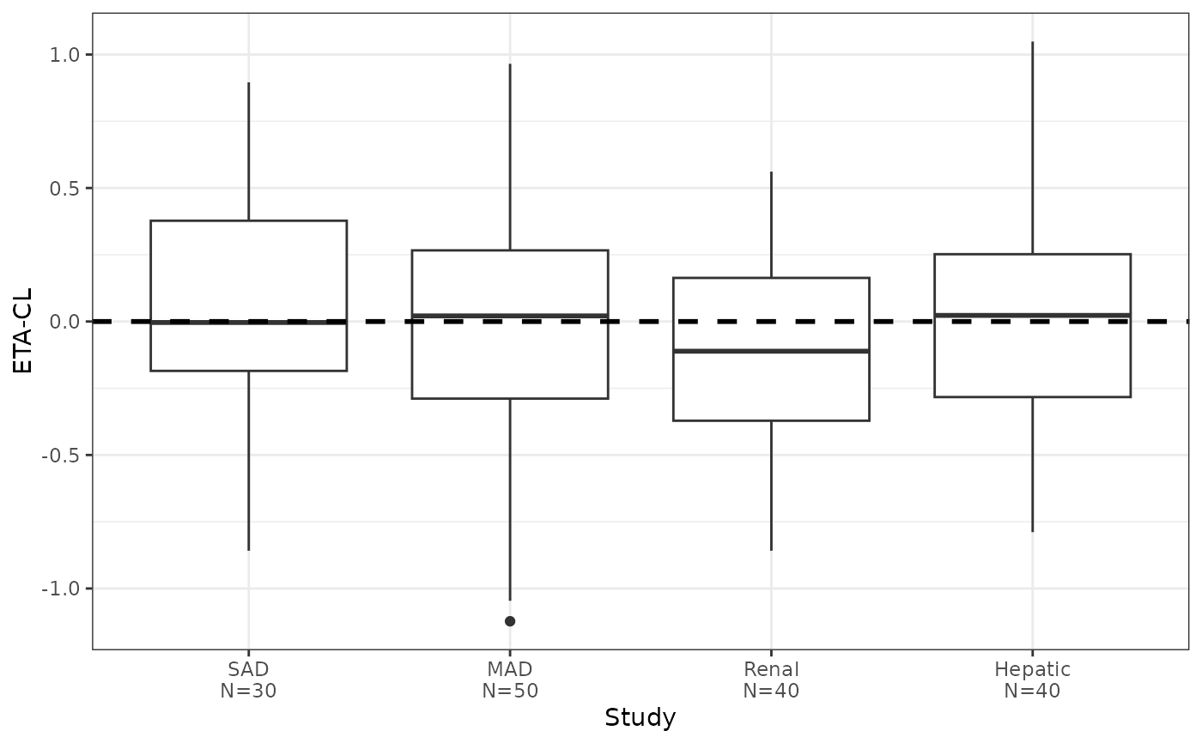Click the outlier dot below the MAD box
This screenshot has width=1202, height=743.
click(x=510, y=621)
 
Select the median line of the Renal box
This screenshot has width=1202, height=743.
click(x=771, y=351)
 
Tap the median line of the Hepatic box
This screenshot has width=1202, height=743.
click(x=1032, y=315)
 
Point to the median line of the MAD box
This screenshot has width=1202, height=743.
click(x=510, y=316)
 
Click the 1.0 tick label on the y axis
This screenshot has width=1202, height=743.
click(x=64, y=55)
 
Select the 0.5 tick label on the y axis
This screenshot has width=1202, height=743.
click(x=64, y=188)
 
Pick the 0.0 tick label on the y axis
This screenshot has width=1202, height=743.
click(x=64, y=322)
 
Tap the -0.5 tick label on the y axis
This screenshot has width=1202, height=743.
click(x=60, y=455)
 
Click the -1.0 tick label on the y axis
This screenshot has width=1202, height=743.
click(x=60, y=589)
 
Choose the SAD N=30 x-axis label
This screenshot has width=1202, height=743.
click(x=248, y=680)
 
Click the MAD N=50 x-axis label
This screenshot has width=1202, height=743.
click(x=510, y=680)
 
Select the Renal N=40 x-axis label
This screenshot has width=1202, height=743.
click(x=771, y=680)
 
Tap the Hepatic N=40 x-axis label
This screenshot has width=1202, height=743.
click(x=1032, y=680)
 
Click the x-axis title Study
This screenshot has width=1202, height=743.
click(x=640, y=718)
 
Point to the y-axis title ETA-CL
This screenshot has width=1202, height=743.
click(x=22, y=331)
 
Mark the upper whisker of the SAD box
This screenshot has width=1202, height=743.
click(x=248, y=151)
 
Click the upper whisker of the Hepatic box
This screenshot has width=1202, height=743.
click(x=1032, y=148)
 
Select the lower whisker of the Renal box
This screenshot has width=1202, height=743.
click(x=771, y=486)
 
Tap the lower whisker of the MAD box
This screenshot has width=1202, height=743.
click(x=510, y=499)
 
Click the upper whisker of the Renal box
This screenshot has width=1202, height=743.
click(x=771, y=225)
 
